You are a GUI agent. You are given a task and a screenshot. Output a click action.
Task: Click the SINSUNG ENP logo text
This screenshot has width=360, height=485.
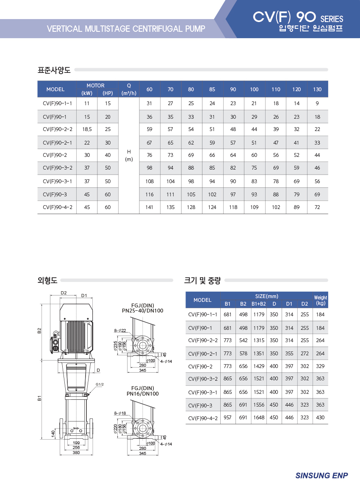pyautogui.click(x=321, y=475)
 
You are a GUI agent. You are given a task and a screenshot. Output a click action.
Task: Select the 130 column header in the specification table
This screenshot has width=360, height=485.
pyautogui.click(x=317, y=89)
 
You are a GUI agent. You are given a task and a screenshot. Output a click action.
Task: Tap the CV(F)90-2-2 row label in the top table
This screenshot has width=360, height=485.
pyautogui.click(x=58, y=129)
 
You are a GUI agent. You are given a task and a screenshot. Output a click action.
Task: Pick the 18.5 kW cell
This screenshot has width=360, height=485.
pyautogui.click(x=87, y=129)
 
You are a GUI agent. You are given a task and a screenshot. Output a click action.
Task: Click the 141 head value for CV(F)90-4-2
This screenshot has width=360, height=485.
pyautogui.click(x=149, y=207)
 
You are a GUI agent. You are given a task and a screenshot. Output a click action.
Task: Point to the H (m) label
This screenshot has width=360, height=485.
pyautogui.click(x=129, y=155)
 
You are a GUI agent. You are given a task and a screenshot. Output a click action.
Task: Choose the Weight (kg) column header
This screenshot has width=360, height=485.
pyautogui.click(x=321, y=300)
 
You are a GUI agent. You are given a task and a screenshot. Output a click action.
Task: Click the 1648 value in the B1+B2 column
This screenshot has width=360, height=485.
pyautogui.click(x=259, y=418)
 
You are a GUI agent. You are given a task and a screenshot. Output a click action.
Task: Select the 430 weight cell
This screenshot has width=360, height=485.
pyautogui.click(x=320, y=418)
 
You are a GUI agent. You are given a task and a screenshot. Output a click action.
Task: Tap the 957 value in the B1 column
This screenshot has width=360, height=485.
pyautogui.click(x=227, y=418)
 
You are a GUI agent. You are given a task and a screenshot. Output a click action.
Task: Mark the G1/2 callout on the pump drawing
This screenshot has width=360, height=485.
pyautogui.click(x=100, y=385)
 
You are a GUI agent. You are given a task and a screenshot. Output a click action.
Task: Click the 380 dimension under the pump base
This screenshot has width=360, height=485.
pyautogui.click(x=76, y=452)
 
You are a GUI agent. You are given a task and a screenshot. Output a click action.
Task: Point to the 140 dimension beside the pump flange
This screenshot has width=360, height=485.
pyautogui.click(x=53, y=434)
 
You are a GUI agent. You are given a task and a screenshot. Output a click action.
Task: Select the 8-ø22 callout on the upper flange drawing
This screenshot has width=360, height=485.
pyautogui.click(x=120, y=330)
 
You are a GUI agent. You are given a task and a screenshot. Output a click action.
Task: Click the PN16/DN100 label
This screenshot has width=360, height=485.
pyautogui.click(x=142, y=394)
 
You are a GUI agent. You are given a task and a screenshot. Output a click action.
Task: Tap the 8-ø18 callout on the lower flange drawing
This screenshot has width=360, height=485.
pyautogui.click(x=120, y=413)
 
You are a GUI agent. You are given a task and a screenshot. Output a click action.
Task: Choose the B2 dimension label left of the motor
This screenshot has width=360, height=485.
pyautogui.click(x=39, y=331)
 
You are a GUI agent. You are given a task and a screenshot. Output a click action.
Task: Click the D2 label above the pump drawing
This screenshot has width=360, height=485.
pyautogui.click(x=64, y=293)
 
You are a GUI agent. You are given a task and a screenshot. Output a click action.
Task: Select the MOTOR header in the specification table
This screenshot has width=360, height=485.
pyautogui.click(x=95, y=85)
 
